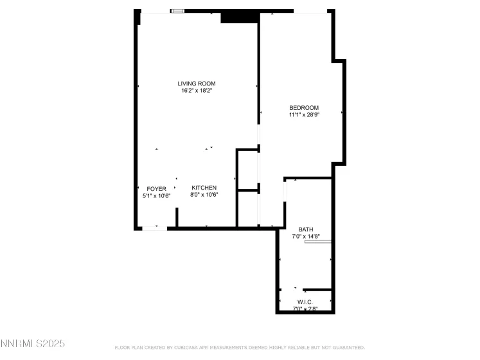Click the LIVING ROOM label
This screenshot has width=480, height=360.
pos(196,83)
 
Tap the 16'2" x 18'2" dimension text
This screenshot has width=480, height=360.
pos(196,91)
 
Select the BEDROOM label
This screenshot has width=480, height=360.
pos(304,107)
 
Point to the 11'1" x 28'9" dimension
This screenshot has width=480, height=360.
pos(304,115)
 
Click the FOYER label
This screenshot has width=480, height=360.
pos(156,188)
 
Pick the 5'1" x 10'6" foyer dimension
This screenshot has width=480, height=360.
pos(156,195)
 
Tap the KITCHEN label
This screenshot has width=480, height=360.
pos(204,188)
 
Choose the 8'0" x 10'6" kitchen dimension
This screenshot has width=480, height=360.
pos(204,195)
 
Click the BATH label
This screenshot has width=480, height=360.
pos(305,229)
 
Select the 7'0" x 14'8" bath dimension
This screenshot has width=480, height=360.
pos(305,236)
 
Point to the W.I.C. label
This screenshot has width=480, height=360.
pos(305,302)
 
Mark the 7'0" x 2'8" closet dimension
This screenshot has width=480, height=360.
pos(305,309)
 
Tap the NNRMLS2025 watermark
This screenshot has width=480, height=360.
pos(33,345)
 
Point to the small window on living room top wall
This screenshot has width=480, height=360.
pos(178,11)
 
